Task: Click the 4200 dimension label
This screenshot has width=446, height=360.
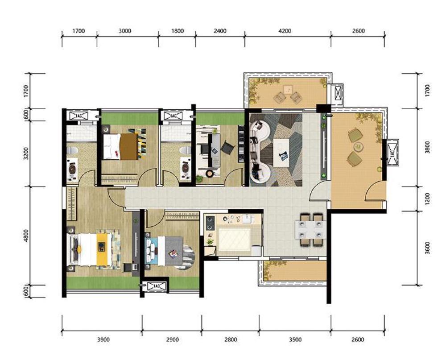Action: click(x=285, y=31)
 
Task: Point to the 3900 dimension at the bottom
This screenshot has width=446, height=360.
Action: click(x=103, y=339)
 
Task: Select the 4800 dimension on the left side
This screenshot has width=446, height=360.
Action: click(x=26, y=236)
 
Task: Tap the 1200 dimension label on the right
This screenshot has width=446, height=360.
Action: click(x=427, y=199)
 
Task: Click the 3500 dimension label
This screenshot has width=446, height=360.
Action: click(x=295, y=339)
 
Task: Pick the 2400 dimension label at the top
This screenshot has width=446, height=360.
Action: click(x=220, y=31)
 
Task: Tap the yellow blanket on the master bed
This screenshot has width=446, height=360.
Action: click(x=104, y=249)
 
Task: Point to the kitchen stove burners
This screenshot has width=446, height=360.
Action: click(x=210, y=223)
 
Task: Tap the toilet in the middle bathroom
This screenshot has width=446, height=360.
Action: click(x=186, y=150)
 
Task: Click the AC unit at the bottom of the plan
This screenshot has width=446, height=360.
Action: click(x=156, y=286)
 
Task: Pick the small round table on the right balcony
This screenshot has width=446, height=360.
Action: click(x=358, y=146)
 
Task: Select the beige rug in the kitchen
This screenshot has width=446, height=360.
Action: click(x=235, y=240)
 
